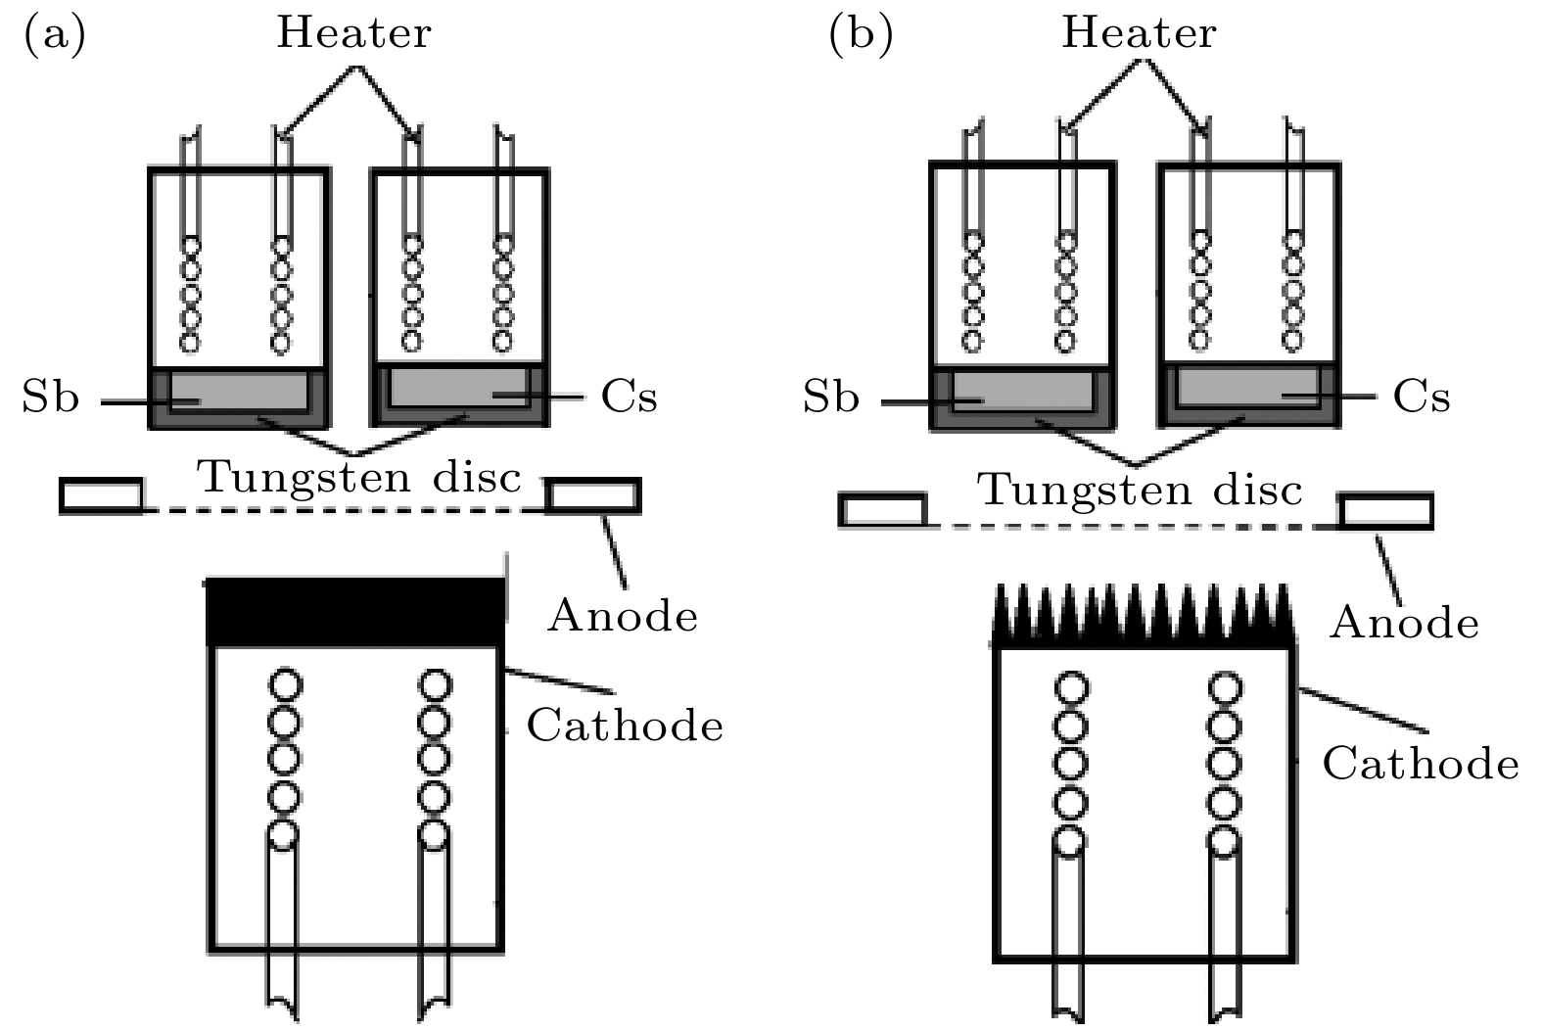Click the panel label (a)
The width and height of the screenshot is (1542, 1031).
(54, 35)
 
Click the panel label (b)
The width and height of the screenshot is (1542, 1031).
(861, 35)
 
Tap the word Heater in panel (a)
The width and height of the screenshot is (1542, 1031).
(353, 33)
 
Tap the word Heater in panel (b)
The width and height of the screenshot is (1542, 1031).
(1139, 33)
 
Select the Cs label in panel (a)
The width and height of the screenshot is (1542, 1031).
(629, 397)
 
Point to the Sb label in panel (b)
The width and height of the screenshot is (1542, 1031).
(831, 398)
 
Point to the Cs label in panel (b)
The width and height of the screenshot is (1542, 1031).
(1421, 397)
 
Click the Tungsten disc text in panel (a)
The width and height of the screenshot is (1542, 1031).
(359, 478)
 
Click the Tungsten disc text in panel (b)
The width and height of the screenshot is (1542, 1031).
(1141, 489)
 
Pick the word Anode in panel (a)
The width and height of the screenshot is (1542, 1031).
(623, 616)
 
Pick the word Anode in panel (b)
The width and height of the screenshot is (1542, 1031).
(1404, 622)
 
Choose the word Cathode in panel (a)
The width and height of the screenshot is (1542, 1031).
(625, 726)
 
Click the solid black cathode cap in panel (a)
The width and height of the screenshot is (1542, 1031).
(356, 612)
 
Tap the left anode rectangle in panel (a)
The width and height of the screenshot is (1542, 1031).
(101, 495)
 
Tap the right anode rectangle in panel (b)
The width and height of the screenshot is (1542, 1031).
(1386, 511)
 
